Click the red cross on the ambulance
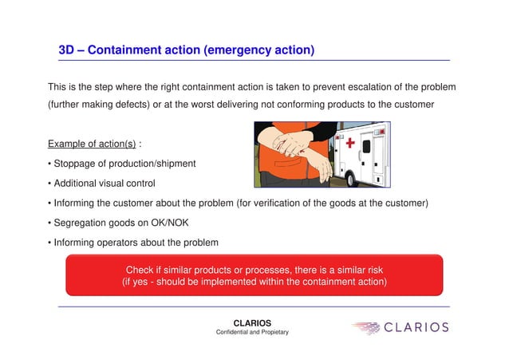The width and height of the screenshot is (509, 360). coord(349,143)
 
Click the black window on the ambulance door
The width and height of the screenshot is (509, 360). coord(366,147)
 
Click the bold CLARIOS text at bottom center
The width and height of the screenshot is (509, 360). coord(252,323)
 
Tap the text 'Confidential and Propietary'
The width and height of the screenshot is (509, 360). coord(252,333)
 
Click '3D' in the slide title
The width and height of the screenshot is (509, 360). coord(67,50)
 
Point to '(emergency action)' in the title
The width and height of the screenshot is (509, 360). coord(259,50)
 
